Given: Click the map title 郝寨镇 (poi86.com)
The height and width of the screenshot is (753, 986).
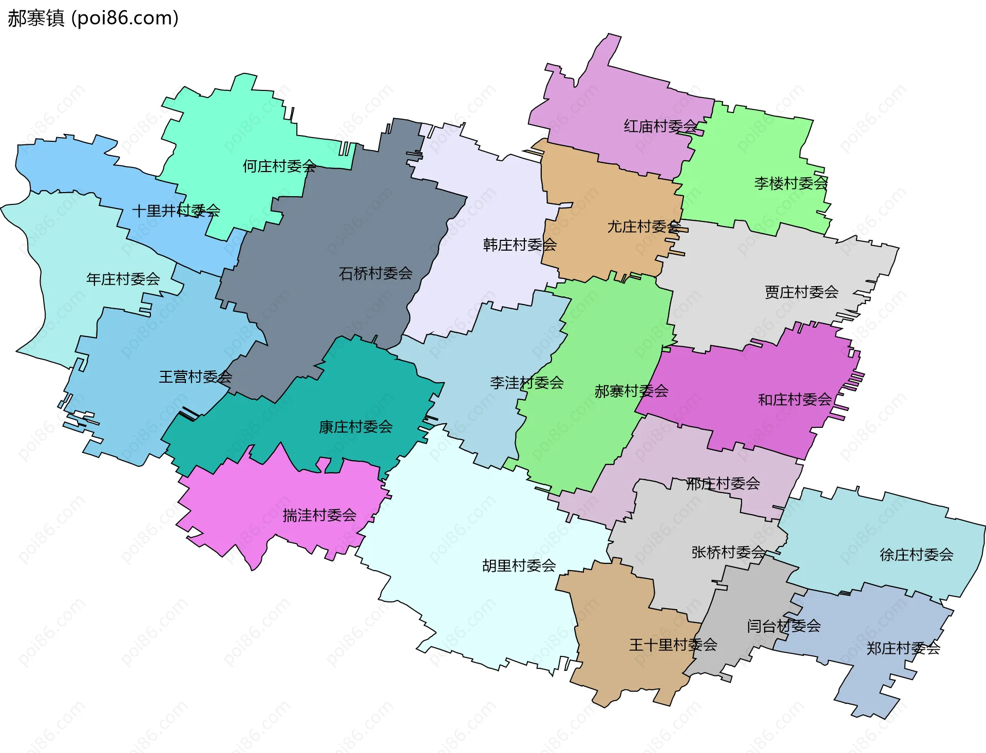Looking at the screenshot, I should [x=93, y=18].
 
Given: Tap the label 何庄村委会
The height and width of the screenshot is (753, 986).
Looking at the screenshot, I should [x=279, y=166].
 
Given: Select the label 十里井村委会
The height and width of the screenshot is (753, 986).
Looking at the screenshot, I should [x=176, y=211].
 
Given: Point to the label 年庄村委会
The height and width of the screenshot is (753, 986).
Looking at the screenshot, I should [x=123, y=279].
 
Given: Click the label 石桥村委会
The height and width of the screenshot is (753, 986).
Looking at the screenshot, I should [x=375, y=273].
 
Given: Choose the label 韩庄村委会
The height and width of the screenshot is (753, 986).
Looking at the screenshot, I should [x=520, y=245].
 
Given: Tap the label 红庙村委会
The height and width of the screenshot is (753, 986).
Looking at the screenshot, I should [x=660, y=126].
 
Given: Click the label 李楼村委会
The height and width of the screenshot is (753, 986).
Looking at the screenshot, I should [x=791, y=183].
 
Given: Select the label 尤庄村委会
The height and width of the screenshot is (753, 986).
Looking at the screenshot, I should [x=644, y=227].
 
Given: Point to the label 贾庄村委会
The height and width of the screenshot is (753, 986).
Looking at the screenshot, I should [x=801, y=292].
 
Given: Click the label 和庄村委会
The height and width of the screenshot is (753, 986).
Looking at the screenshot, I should [x=794, y=400].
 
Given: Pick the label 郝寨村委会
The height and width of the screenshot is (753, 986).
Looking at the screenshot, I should [x=631, y=391].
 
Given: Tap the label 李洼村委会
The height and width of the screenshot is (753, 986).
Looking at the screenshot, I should [x=526, y=383].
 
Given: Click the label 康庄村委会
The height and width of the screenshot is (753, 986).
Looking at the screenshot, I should [x=355, y=427].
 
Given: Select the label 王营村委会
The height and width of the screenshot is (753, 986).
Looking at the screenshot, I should [x=195, y=377].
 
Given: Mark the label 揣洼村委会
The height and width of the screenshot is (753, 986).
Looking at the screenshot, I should [x=319, y=515].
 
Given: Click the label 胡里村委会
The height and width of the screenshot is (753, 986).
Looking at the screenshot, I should [x=519, y=566].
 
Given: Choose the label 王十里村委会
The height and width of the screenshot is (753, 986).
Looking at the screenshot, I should [x=673, y=645].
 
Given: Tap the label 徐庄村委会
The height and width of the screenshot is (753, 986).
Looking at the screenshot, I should [x=916, y=555].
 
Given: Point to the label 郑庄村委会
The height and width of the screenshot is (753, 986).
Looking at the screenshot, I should [x=903, y=649].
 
